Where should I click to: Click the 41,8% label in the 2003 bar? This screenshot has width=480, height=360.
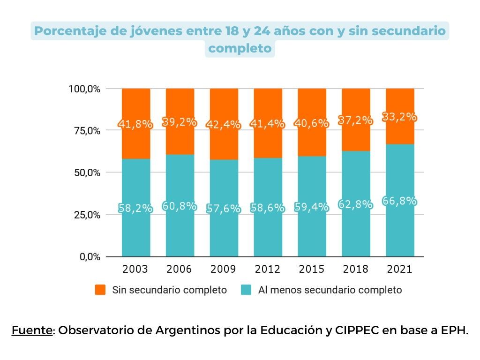[135, 125]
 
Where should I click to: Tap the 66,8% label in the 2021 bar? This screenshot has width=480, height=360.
[400, 201]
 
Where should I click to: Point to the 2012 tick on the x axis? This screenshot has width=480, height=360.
[268, 269]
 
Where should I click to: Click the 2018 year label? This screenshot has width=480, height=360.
[355, 269]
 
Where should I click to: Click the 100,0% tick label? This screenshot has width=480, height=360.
[84, 89]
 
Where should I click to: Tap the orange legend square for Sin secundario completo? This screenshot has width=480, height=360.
[100, 290]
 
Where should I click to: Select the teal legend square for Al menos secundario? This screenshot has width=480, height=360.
[246, 290]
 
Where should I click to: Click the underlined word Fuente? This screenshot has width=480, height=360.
[32, 330]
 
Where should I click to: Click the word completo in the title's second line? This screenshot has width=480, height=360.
[240, 48]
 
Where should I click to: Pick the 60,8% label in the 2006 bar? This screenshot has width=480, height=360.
[180, 206]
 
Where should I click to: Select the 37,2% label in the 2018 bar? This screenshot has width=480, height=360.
[356, 120]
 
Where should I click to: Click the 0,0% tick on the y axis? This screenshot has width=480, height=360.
[89, 257]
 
